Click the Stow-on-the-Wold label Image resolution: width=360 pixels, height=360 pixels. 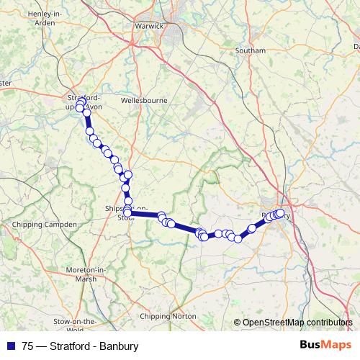[76, 325]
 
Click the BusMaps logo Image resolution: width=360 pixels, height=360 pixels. [326, 346]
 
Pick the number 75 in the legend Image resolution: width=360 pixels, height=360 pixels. [27, 346]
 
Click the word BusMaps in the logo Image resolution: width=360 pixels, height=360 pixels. [326, 346]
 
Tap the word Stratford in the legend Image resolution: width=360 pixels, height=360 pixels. [69, 346]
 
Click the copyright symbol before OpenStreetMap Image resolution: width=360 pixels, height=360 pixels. [237, 323]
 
